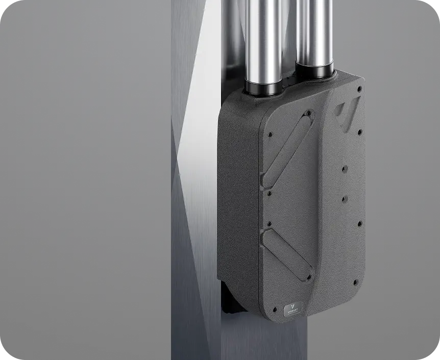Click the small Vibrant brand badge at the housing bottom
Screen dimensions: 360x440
pos(294,311)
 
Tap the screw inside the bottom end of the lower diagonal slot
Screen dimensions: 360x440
pos(308,278)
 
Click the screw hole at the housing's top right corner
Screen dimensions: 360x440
pos(360,90)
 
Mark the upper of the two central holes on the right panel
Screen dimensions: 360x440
pos(345,168)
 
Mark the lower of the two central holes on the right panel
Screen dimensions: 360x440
pos(344,198)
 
